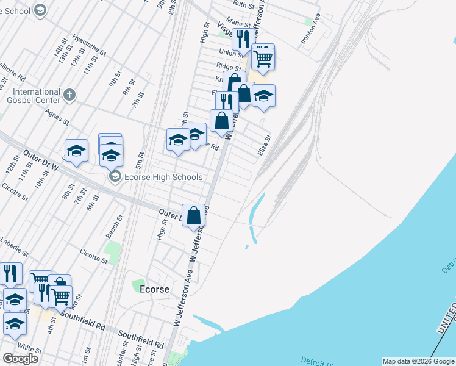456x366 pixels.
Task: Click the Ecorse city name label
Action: [x=155, y=289]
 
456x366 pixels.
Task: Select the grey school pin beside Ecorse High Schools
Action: [x=114, y=177]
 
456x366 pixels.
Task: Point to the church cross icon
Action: [x=69, y=95]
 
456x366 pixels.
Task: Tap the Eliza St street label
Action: [x=263, y=145]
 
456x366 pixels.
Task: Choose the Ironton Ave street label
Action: [x=309, y=30]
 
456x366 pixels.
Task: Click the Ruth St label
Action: [x=243, y=4]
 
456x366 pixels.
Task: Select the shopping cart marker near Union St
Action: [x=263, y=59]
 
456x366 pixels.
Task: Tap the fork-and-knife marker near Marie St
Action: [x=243, y=39]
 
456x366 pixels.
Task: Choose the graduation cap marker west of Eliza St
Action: [x=263, y=96]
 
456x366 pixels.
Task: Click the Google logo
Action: [x=21, y=359]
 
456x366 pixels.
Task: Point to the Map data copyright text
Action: [x=418, y=361]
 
